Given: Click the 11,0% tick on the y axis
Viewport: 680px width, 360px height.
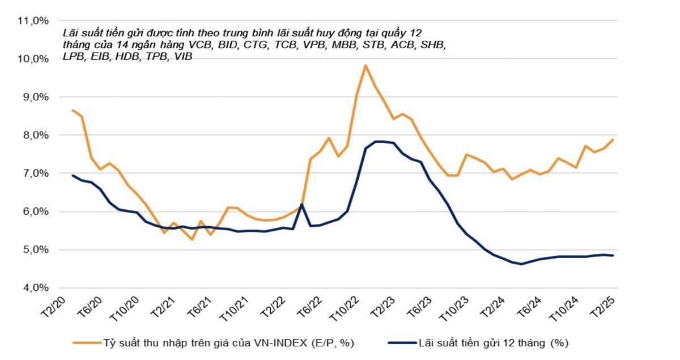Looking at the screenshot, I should point(33,20).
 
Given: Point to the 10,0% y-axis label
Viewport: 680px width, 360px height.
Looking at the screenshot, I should point(33,58).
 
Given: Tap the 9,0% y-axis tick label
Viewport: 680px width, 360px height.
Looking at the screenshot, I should point(35,97).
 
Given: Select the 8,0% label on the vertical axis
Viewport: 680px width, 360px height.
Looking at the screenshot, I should point(35,135).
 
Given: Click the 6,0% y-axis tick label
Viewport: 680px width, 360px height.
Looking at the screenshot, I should point(35,211).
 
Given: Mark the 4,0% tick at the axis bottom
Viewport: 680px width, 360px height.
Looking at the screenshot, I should point(35,287).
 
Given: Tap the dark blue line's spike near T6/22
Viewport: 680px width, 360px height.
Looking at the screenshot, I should point(301,204).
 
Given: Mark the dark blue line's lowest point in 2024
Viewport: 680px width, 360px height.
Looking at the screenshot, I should point(521,264).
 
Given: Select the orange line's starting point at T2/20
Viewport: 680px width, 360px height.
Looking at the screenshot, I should point(73,110).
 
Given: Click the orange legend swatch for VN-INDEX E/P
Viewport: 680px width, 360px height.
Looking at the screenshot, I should point(85,343).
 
